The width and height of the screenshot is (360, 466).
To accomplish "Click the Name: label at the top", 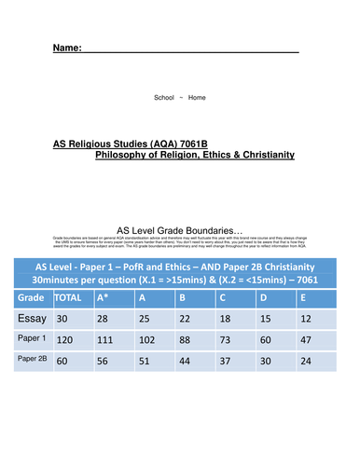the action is point(67,47).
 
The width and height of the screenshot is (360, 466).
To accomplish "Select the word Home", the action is point(197,97).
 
